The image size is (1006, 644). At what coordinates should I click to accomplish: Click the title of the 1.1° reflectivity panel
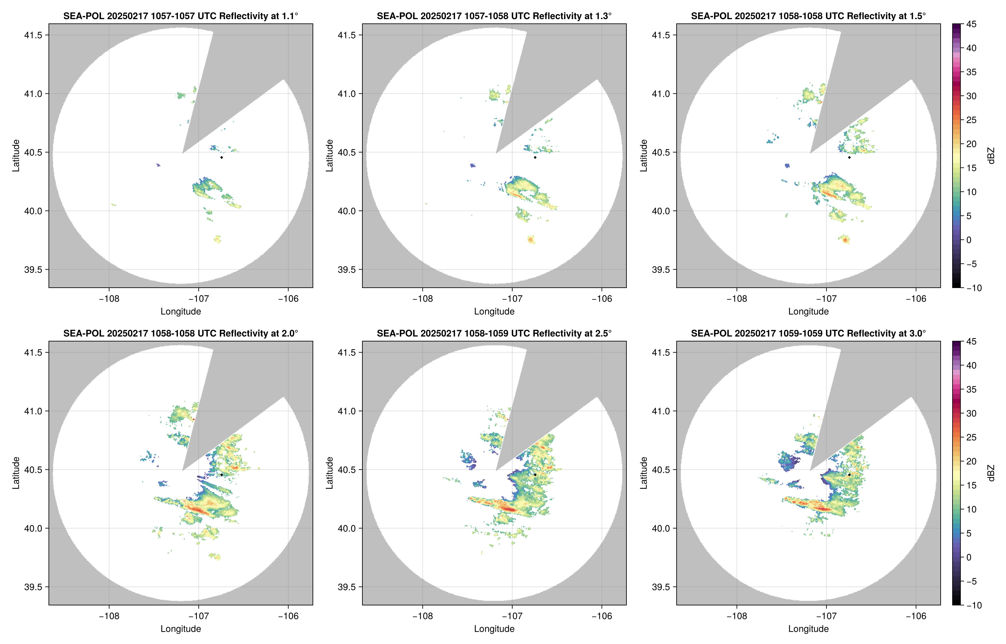pyautogui.click(x=180, y=16)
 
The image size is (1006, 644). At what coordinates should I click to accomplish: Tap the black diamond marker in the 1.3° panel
pyautogui.click(x=535, y=157)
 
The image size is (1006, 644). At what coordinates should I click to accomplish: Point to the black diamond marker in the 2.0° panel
pyautogui.click(x=221, y=475)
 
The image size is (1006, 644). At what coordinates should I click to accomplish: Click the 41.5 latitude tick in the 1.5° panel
pyautogui.click(x=660, y=35)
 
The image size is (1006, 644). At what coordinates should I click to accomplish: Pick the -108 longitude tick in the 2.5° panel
pyautogui.click(x=422, y=616)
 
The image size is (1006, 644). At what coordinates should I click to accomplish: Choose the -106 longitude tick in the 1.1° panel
pyautogui.click(x=288, y=299)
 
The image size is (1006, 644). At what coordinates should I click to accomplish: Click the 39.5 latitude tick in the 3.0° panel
pyautogui.click(x=660, y=587)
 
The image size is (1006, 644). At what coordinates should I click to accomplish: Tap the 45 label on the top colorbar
pyautogui.click(x=971, y=24)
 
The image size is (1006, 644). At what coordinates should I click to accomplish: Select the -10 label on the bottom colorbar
pyautogui.click(x=974, y=605)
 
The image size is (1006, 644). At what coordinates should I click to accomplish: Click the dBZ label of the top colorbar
pyautogui.click(x=991, y=156)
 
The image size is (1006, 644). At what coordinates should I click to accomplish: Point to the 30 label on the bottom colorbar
pyautogui.click(x=971, y=413)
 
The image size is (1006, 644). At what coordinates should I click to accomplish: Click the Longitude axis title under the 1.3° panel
pyautogui.click(x=494, y=311)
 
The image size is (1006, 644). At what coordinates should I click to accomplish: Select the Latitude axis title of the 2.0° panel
pyautogui.click(x=16, y=473)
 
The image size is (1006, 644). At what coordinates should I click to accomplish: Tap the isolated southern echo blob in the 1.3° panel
pyautogui.click(x=531, y=240)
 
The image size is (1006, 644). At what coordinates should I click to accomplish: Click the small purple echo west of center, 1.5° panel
pyautogui.click(x=787, y=166)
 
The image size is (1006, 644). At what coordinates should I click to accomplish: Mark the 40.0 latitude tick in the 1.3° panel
pyautogui.click(x=347, y=211)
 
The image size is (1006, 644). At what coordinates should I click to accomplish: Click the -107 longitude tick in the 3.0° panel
pyautogui.click(x=826, y=616)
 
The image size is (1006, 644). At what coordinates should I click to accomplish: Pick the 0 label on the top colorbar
pyautogui.click(x=969, y=240)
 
